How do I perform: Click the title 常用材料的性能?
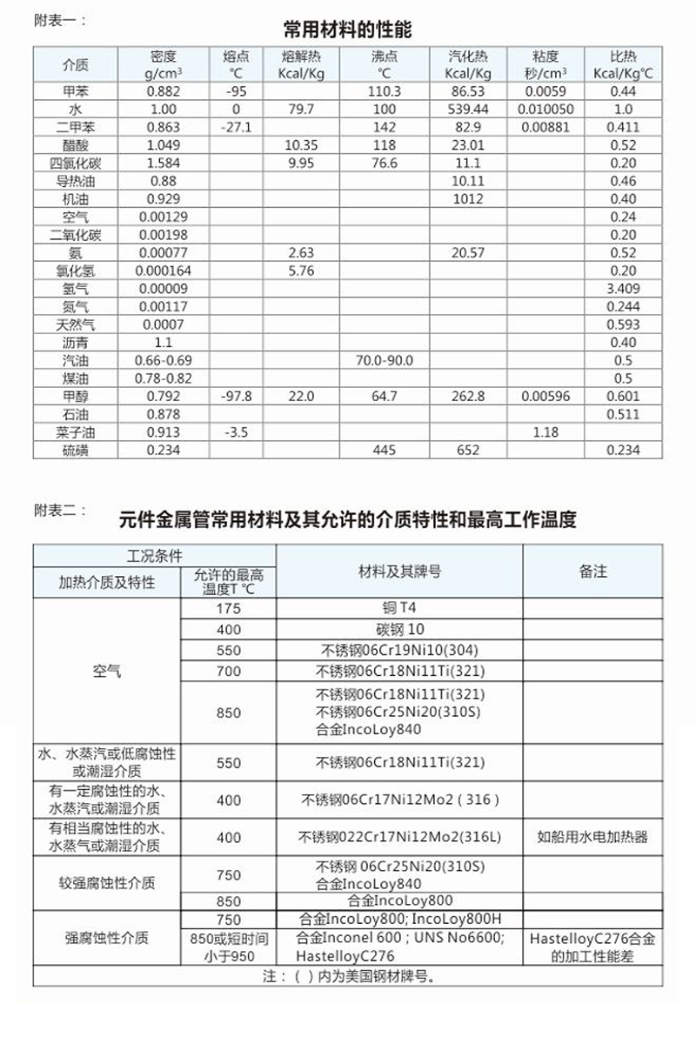pos(347,30)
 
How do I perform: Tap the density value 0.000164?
pos(163,270)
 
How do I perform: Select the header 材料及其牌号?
pos(399,572)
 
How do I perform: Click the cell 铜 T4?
pos(399,607)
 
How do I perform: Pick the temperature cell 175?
pos(228,607)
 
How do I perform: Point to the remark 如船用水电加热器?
pos(592,837)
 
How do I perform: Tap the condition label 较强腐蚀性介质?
pos(106,882)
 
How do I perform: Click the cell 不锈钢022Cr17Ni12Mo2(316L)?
pos(399,837)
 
